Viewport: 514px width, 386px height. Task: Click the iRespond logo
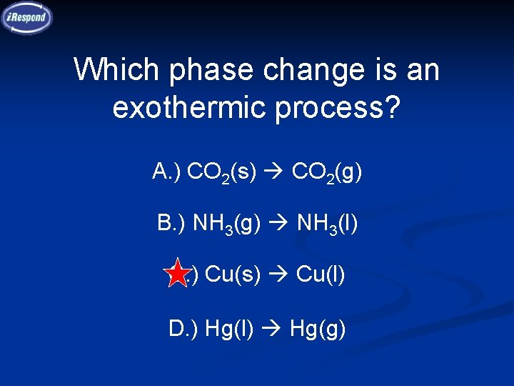click(x=27, y=17)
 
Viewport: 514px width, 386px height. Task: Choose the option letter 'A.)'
click(x=167, y=172)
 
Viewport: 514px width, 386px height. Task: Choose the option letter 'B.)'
click(x=172, y=223)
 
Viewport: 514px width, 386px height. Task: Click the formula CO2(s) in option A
click(x=223, y=173)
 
